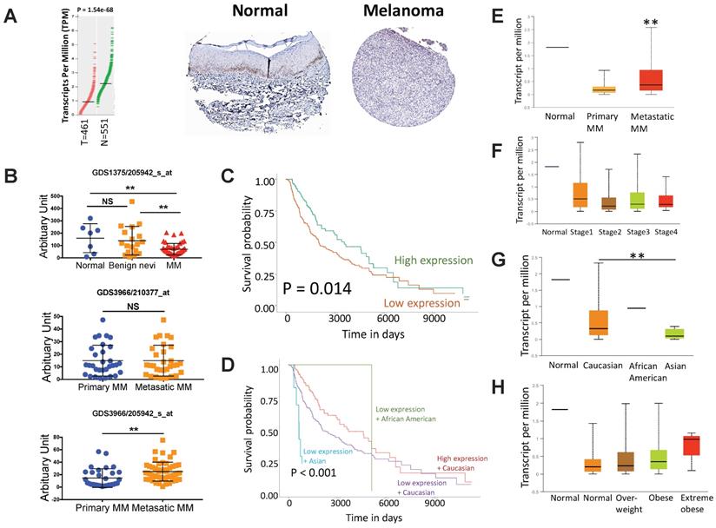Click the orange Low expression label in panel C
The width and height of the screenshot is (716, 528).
tap(420, 303)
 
